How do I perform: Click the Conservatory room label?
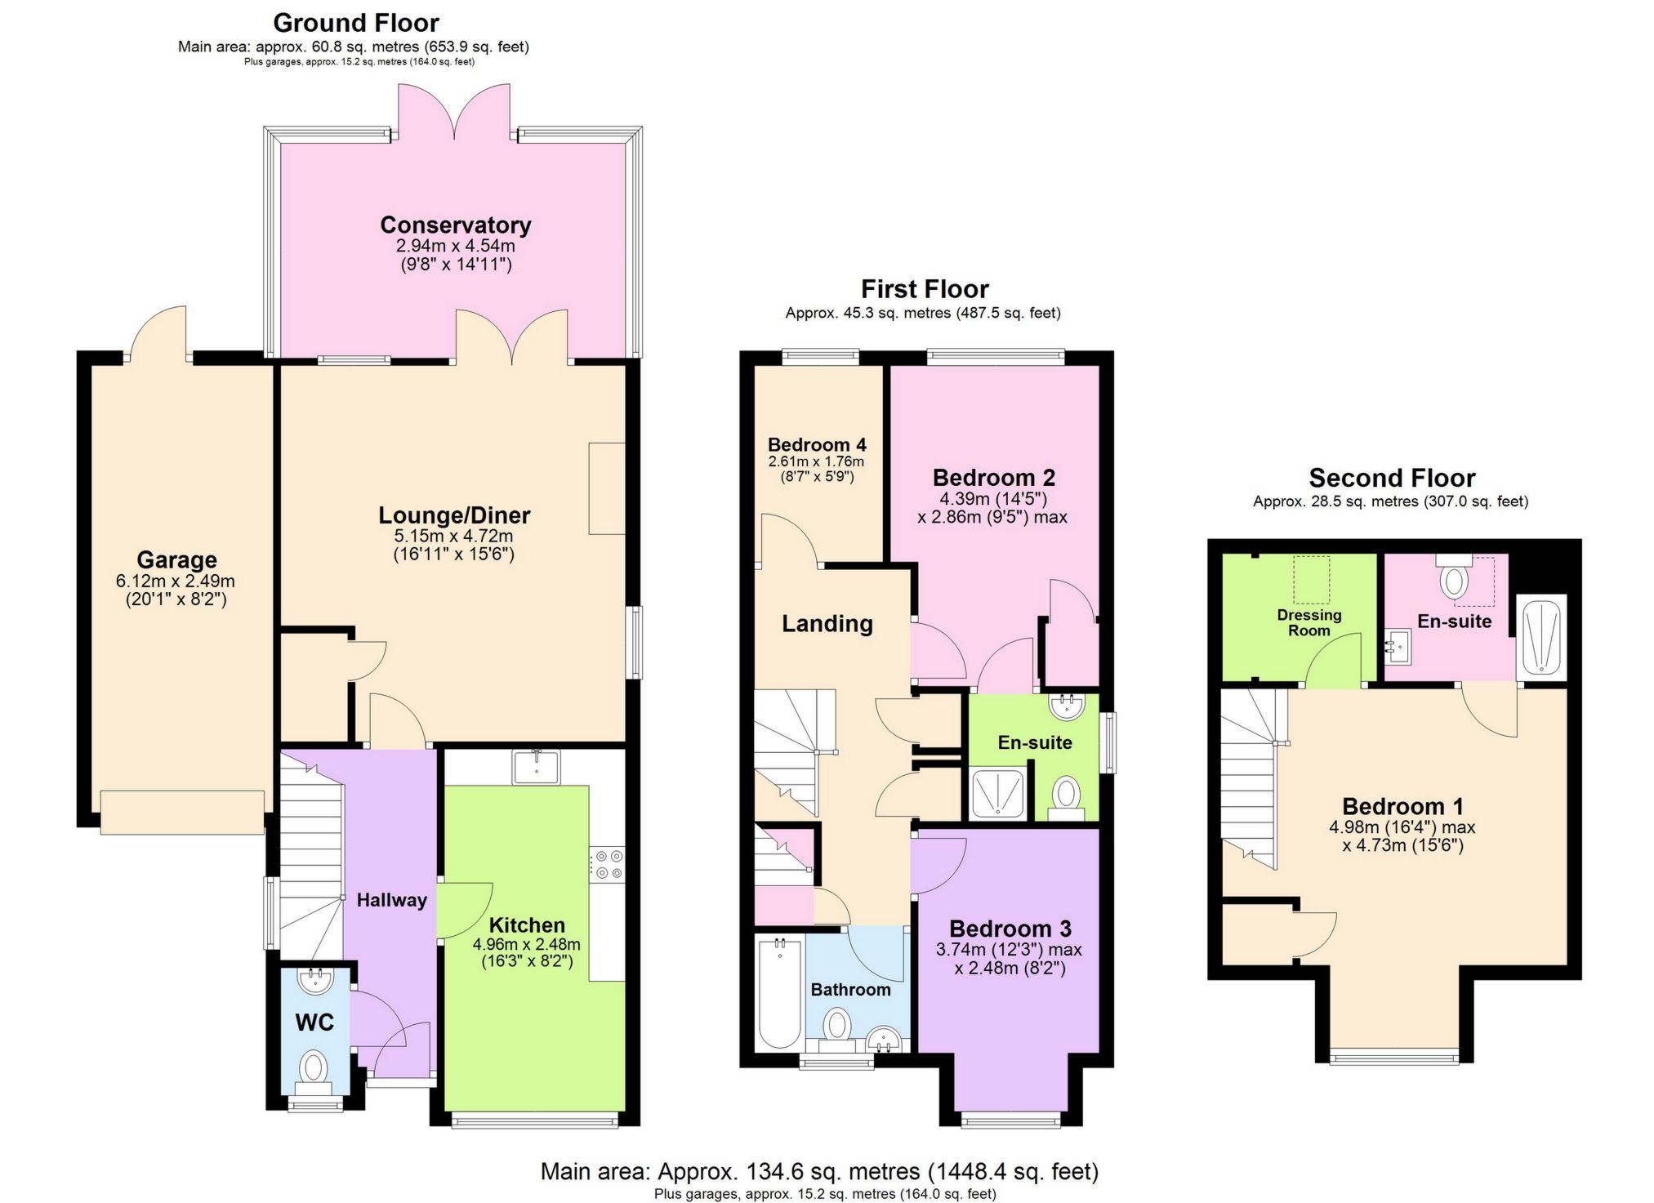click(455, 225)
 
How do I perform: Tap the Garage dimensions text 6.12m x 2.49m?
click(176, 581)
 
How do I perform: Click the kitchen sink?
click(536, 767)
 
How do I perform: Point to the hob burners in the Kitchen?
click(608, 865)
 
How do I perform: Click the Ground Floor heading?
click(355, 23)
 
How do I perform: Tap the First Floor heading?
click(924, 289)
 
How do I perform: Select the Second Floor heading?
click(1391, 478)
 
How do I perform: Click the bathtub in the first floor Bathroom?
click(778, 994)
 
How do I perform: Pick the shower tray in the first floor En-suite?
click(996, 792)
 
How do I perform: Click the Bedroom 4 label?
click(816, 445)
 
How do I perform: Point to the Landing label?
click(827, 624)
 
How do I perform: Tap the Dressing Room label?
click(1308, 622)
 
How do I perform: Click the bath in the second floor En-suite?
click(1541, 637)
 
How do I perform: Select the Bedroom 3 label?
click(1010, 929)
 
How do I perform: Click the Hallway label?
click(391, 900)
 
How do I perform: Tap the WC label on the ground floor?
click(314, 1023)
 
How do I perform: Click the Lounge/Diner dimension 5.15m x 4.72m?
click(453, 537)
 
